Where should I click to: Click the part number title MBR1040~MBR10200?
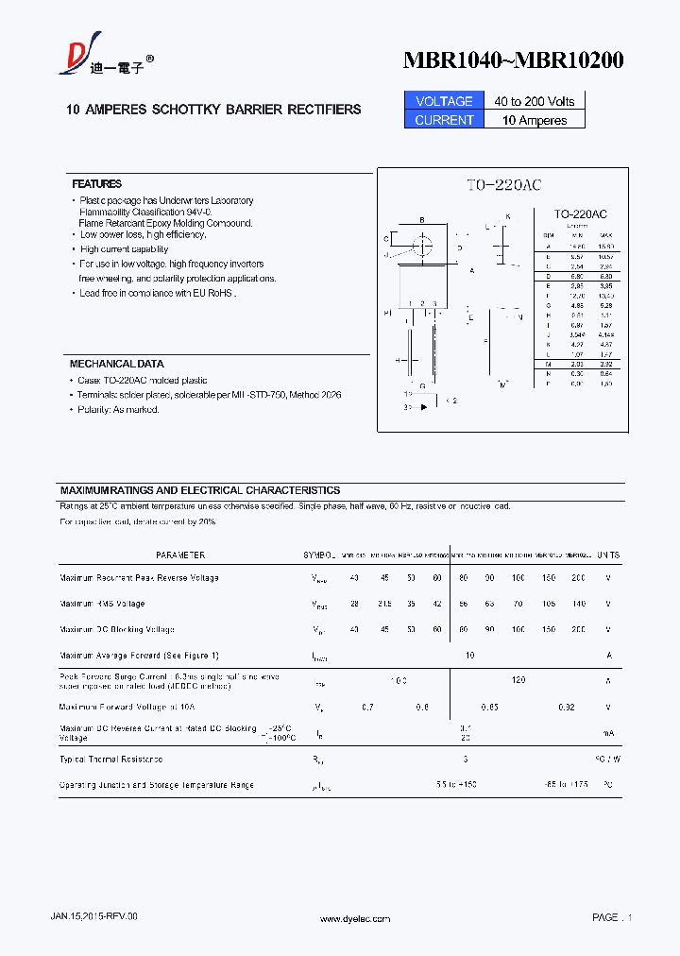[513, 60]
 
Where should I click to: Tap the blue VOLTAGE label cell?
[444, 101]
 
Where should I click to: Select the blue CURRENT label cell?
[444, 120]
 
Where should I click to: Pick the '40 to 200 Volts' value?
[535, 101]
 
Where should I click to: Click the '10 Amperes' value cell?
[535, 120]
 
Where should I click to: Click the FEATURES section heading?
[97, 184]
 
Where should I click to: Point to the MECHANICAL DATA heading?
[116, 364]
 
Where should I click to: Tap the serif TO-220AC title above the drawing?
[502, 186]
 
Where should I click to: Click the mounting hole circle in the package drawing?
[422, 246]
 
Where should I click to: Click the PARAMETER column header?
[179, 555]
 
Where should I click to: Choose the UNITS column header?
[608, 555]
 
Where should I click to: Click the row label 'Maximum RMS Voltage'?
[102, 604]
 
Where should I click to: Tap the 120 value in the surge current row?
[518, 680]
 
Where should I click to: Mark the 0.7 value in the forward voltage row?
[367, 707]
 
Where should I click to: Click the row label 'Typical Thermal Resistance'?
[110, 760]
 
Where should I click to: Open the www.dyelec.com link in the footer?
[355, 918]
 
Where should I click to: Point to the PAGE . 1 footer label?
[612, 917]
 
